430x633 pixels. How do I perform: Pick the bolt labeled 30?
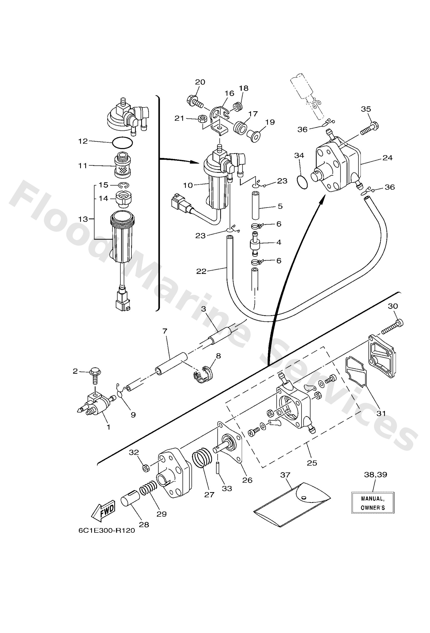(x=392, y=327)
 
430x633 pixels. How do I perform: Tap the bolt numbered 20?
(x=195, y=102)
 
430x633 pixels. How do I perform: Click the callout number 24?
(x=387, y=158)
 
